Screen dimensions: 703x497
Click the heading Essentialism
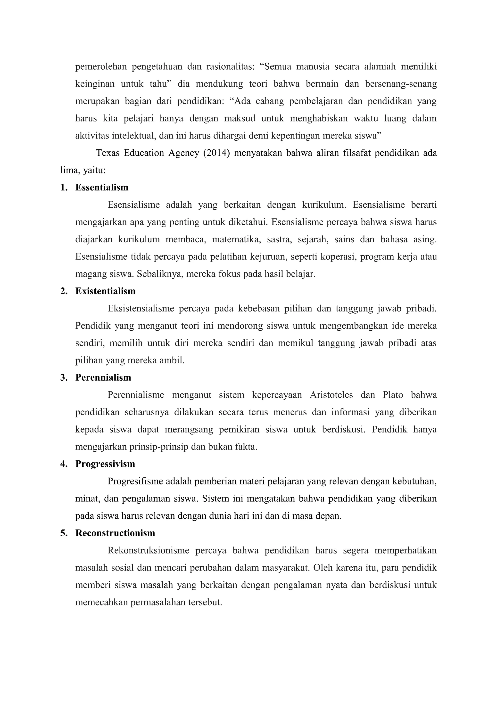[102, 187]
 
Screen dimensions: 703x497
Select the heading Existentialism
[105, 291]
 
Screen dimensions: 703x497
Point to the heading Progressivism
[105, 464]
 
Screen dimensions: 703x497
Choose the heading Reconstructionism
[115, 533]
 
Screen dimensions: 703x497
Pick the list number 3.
[63, 377]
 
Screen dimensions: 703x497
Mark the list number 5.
[63, 533]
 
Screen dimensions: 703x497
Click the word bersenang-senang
[401, 84]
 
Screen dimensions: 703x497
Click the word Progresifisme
[135, 481]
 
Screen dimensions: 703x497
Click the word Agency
[183, 153]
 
